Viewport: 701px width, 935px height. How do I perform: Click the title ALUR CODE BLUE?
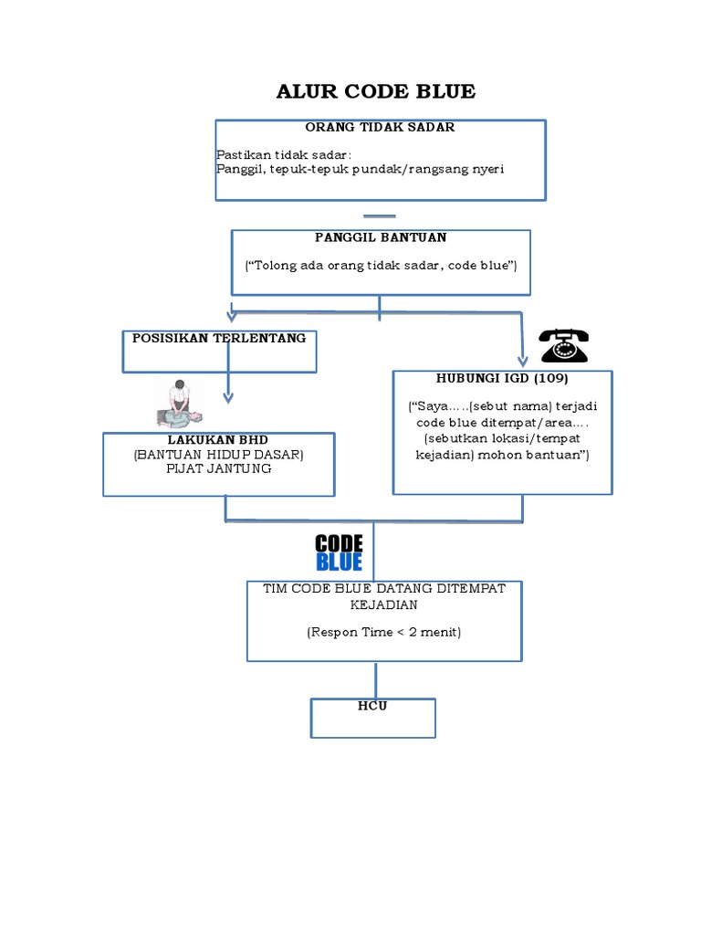(x=376, y=91)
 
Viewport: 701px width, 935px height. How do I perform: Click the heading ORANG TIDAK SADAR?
(x=380, y=128)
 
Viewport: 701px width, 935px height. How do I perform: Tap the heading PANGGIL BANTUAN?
(x=381, y=237)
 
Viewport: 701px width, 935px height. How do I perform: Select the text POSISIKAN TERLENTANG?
(x=219, y=338)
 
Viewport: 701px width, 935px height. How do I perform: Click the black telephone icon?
(x=564, y=346)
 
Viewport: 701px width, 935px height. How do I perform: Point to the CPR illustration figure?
(x=181, y=404)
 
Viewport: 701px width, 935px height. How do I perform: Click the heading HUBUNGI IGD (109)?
(x=503, y=378)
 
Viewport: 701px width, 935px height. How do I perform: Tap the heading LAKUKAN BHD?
(x=218, y=440)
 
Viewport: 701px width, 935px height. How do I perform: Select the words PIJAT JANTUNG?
(x=219, y=469)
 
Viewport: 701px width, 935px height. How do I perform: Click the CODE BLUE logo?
(x=340, y=552)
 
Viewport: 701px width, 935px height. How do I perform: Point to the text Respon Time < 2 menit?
(x=384, y=631)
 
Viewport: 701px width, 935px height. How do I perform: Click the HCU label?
(x=373, y=706)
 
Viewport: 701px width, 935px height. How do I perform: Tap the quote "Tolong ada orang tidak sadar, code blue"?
(x=382, y=265)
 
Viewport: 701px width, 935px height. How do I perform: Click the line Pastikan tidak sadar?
(x=277, y=154)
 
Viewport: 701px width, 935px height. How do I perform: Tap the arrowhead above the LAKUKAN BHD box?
(x=228, y=397)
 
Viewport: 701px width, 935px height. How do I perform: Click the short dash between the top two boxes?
(x=379, y=216)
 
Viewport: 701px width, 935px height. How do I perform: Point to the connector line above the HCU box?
(x=374, y=680)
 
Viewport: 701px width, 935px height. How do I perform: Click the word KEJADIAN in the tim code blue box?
(x=384, y=604)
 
